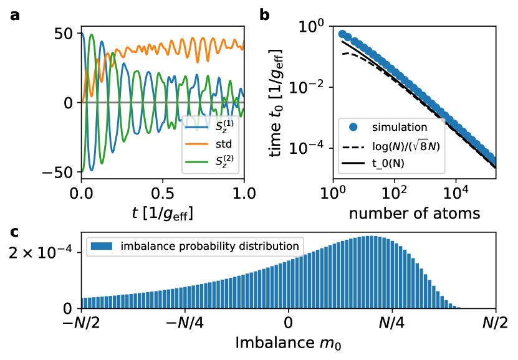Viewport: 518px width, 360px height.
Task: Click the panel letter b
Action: pos(264,14)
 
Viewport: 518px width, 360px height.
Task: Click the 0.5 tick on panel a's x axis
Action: pos(163,193)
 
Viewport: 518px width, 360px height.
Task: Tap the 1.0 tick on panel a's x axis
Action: pos(244,193)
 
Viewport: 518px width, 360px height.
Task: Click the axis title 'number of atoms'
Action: pos(415,214)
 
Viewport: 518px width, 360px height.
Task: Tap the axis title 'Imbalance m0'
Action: pos(289,344)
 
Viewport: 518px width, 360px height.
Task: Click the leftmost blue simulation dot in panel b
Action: pos(342,34)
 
